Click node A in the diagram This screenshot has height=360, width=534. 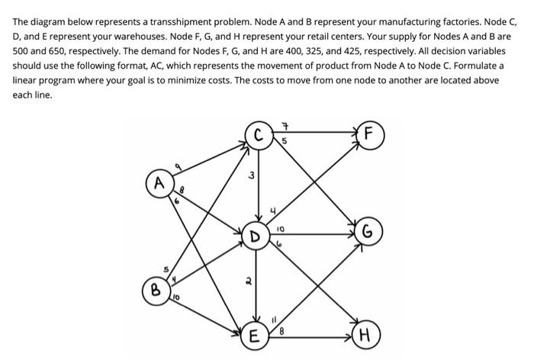tap(159, 183)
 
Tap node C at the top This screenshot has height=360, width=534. tap(259, 137)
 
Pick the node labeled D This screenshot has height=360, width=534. tap(256, 235)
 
